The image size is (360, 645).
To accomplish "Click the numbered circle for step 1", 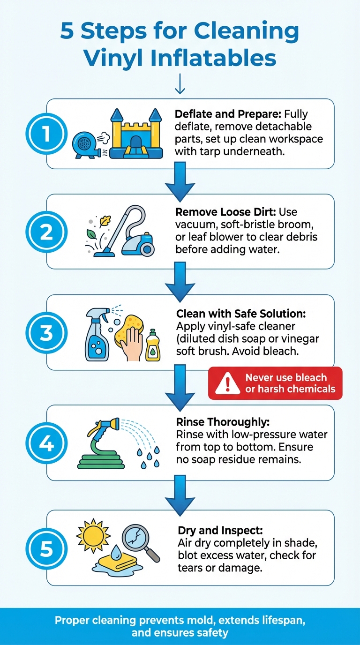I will pyautogui.click(x=46, y=134).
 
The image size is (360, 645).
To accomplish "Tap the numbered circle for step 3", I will pyautogui.click(x=46, y=333).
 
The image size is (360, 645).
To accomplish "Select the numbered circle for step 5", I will pyautogui.click(x=46, y=548).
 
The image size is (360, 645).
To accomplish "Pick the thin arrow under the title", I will pyautogui.click(x=180, y=84).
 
